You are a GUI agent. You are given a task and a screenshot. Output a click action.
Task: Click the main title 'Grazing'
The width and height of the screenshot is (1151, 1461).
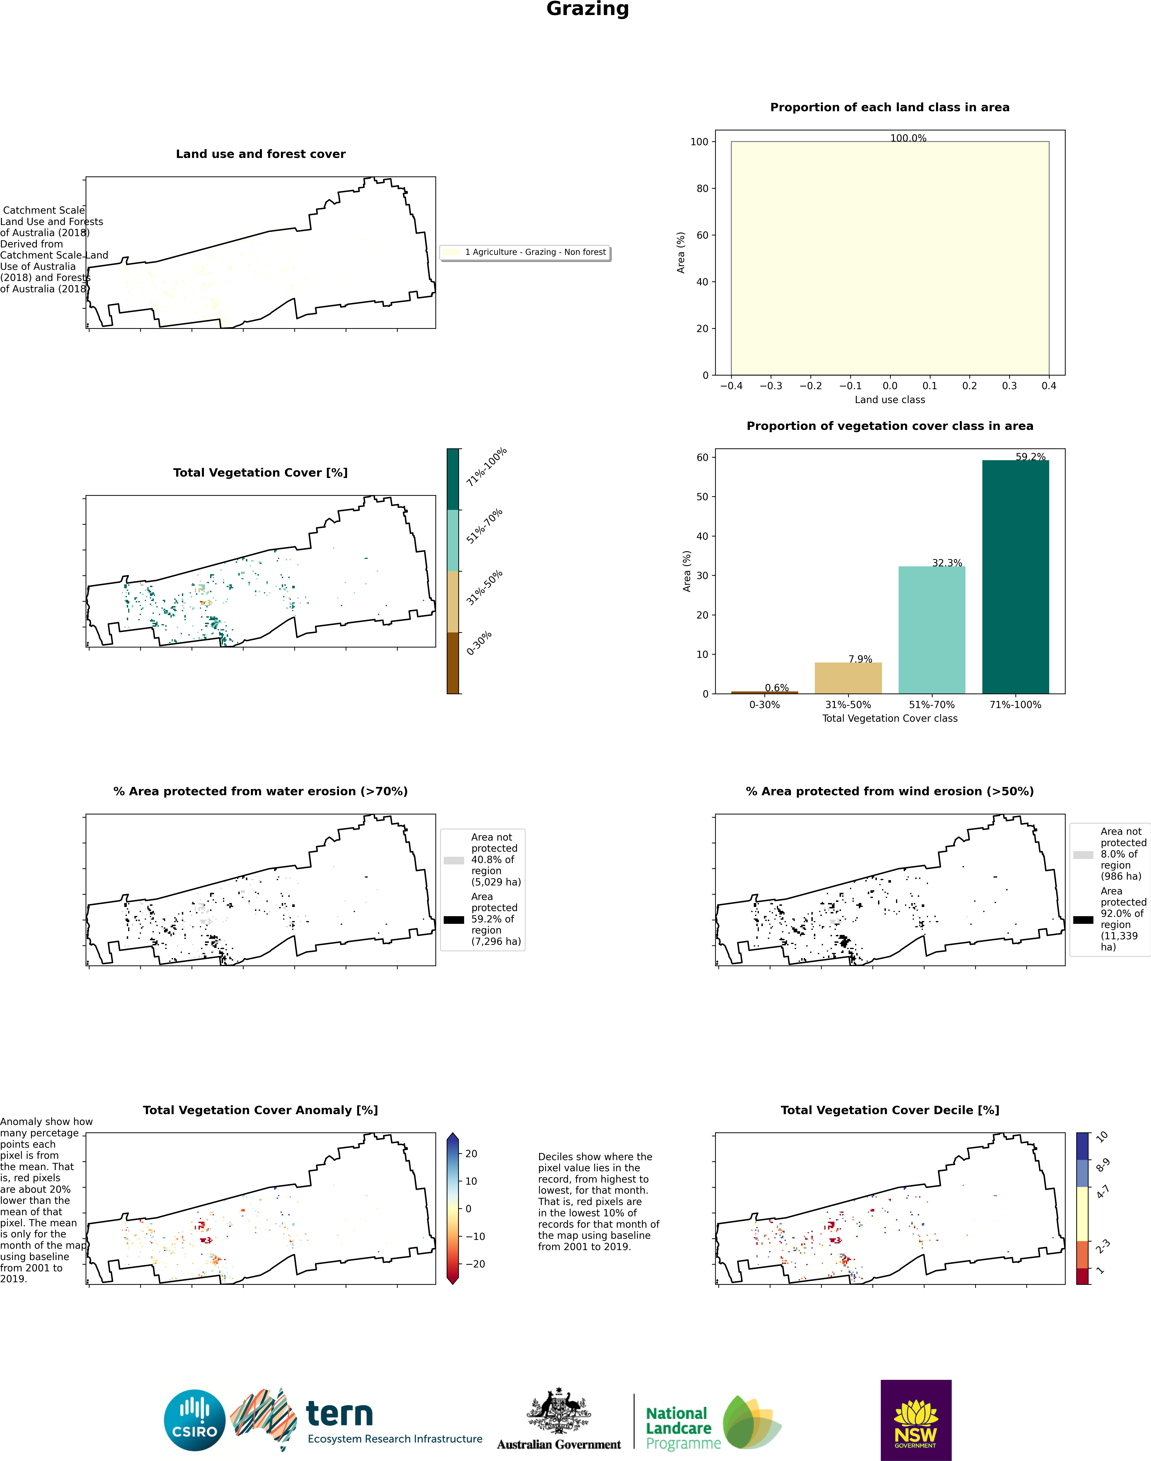click(588, 9)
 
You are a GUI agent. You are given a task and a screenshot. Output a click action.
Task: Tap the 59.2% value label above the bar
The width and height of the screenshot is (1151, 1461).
click(1030, 457)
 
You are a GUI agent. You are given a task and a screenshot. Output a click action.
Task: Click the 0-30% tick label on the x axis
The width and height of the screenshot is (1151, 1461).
click(764, 705)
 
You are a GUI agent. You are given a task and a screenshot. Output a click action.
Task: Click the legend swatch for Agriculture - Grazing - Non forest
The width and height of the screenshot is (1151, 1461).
click(452, 252)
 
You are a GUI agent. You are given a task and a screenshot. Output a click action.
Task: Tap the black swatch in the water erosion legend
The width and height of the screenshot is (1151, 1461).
click(453, 919)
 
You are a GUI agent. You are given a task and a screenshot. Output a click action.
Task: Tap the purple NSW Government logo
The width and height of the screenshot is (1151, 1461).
click(916, 1420)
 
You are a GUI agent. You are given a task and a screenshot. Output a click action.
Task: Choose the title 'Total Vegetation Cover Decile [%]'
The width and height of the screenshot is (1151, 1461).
click(890, 1110)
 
